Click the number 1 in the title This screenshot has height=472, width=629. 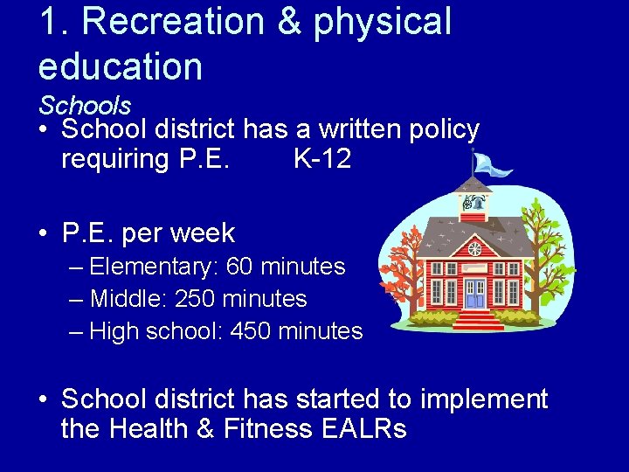pyautogui.click(x=48, y=23)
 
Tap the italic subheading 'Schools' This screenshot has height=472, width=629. pyautogui.click(x=85, y=106)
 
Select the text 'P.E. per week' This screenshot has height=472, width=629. pyautogui.click(x=149, y=233)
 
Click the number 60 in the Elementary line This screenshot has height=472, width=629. pyautogui.click(x=240, y=267)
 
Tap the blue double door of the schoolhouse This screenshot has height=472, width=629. pyautogui.click(x=474, y=295)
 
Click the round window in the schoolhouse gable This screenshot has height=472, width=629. pyautogui.click(x=474, y=249)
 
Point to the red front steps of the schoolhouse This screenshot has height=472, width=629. pyautogui.click(x=476, y=320)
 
